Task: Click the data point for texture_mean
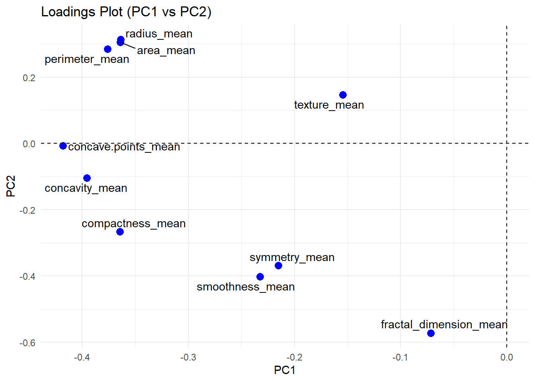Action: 343,95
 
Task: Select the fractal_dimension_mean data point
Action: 431,333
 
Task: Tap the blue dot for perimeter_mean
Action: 107,49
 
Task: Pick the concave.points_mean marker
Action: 63,146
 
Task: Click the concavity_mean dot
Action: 87,178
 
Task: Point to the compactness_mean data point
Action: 120,232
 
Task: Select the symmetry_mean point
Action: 278,265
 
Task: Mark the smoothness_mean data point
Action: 260,277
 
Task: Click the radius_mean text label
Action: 159,34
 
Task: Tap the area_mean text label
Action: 166,51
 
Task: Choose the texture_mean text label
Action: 329,105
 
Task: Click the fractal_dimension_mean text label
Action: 444,325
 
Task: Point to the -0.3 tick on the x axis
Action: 188,357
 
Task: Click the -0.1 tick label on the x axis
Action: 400,357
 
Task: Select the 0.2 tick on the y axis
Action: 29,78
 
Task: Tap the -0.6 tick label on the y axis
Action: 27,343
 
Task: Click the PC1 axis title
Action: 284,370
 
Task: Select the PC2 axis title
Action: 11,186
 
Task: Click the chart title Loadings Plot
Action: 126,12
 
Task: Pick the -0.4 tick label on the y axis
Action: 27,276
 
